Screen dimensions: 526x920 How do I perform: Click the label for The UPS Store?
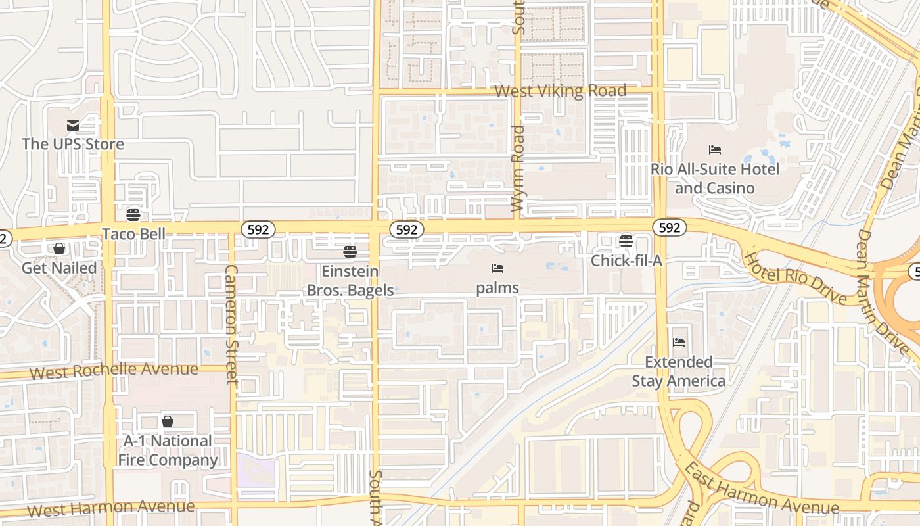click(73, 143)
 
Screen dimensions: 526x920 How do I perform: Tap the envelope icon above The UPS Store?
click(73, 126)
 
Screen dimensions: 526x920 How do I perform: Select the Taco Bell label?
click(133, 233)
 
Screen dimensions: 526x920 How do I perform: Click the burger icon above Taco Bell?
click(133, 215)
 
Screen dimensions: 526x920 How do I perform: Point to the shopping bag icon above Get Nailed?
click(59, 249)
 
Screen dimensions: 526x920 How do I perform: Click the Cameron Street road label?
click(231, 324)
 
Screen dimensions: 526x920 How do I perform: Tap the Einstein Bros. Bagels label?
click(350, 280)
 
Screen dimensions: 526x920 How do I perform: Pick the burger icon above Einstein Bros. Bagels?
click(350, 252)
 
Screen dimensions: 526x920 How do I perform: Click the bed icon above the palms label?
click(497, 268)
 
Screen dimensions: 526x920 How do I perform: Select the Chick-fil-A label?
click(626, 260)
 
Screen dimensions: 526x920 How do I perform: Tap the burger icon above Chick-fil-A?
click(626, 241)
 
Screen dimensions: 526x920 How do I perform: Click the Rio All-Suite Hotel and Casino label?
click(715, 178)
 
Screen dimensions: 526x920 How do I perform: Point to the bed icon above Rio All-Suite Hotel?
click(715, 150)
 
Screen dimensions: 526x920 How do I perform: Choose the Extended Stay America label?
click(679, 371)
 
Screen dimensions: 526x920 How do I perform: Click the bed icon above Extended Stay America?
click(679, 343)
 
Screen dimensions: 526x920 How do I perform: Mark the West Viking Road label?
click(560, 91)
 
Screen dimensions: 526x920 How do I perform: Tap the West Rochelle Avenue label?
click(114, 371)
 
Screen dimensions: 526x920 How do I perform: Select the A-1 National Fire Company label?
click(168, 450)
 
